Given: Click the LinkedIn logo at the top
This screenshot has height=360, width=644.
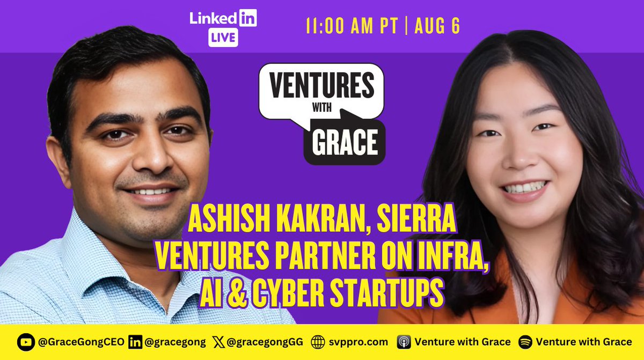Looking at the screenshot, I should point(223,18).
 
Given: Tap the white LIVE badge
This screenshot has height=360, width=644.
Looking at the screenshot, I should point(223,38).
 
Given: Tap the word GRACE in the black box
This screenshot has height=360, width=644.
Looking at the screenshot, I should point(343,143).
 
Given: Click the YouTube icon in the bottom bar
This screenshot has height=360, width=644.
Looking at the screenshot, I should point(25,342).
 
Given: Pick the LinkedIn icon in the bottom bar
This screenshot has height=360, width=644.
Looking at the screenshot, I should point(135,342).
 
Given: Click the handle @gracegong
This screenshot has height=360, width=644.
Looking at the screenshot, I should point(170,342).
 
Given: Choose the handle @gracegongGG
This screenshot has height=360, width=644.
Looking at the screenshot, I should point(262,342).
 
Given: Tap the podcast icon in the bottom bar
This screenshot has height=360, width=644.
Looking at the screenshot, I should point(404,342).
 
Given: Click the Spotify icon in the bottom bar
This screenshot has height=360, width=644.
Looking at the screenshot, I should point(525,342).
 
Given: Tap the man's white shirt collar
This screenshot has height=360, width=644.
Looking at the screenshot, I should point(91,252).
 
